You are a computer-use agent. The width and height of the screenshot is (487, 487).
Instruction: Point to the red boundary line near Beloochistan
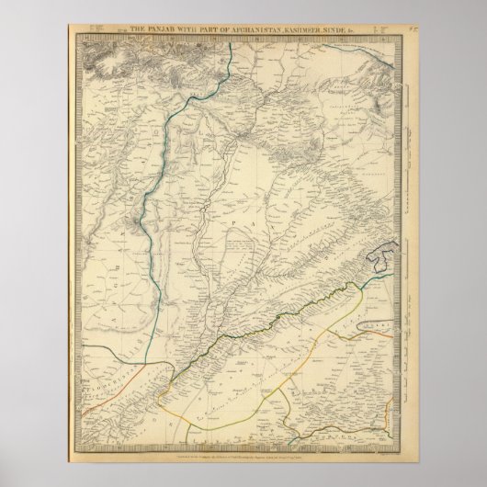click(x=138, y=373)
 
